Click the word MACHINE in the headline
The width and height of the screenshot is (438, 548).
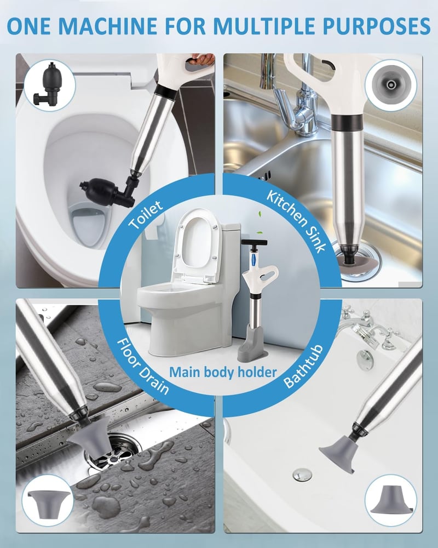click(110, 26)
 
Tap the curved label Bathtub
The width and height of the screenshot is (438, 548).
click(303, 366)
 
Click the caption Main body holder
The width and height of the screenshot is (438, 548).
click(223, 373)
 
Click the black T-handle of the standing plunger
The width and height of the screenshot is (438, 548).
click(254, 242)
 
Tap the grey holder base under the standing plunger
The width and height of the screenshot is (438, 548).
click(252, 344)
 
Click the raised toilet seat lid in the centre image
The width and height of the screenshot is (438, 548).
click(198, 244)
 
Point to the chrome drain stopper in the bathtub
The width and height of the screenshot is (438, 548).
click(302, 474)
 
